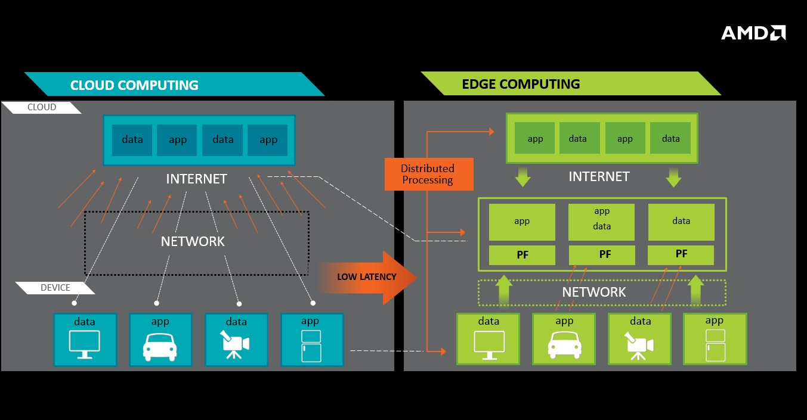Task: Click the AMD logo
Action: pos(753,33)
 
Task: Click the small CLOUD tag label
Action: pos(42,107)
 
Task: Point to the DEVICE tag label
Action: pos(55,288)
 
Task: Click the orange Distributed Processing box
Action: pos(428,174)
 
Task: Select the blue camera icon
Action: pos(236,344)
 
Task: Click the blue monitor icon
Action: pos(85,344)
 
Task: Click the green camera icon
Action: pos(639,346)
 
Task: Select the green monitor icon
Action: pos(489,346)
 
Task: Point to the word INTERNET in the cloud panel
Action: pos(196,179)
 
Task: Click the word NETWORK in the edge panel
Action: pos(594,292)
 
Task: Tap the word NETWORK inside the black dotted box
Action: pos(193,241)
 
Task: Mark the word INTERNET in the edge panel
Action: pos(599,176)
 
